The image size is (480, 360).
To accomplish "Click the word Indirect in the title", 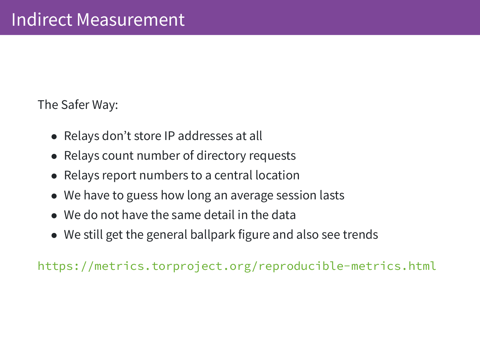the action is pyautogui.click(x=42, y=19).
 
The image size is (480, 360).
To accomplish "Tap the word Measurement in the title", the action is pyautogui.click(x=130, y=19).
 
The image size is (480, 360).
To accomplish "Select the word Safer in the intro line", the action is pyautogui.click(x=75, y=104).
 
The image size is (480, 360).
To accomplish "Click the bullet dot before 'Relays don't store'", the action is pyautogui.click(x=54, y=137).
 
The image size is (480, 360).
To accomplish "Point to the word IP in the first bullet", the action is pyautogui.click(x=170, y=136).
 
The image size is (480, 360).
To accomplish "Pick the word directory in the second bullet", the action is pyautogui.click(x=221, y=156).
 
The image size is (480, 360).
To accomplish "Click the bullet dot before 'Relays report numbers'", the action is pyautogui.click(x=54, y=176).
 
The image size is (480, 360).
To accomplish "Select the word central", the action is pyautogui.click(x=233, y=175).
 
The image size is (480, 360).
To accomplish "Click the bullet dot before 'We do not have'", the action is pyautogui.click(x=54, y=216).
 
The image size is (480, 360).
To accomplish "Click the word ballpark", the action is pyautogui.click(x=213, y=235).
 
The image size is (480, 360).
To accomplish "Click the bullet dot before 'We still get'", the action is pyautogui.click(x=54, y=236).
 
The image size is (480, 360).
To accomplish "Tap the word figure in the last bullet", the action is pyautogui.click(x=254, y=235).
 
